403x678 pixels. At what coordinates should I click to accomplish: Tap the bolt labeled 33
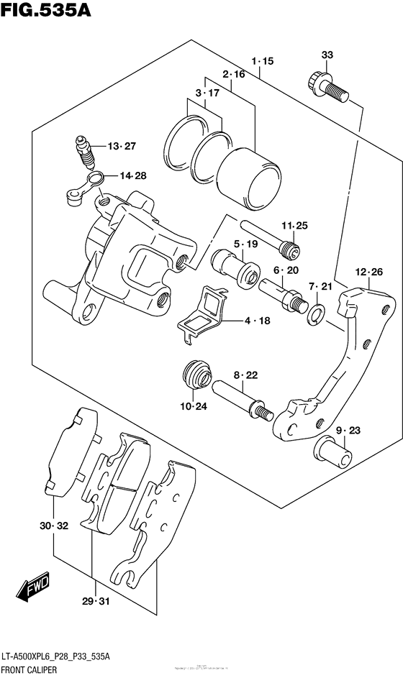click(328, 86)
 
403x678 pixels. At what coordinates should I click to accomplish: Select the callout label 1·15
click(263, 62)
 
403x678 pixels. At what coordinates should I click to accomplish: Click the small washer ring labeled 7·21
click(315, 312)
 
